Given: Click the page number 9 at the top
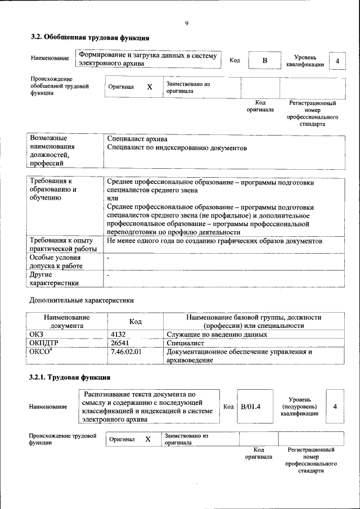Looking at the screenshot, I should click(x=186, y=23).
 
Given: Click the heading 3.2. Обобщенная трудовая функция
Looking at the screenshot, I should click(x=89, y=38).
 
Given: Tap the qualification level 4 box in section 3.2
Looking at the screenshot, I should click(x=337, y=61).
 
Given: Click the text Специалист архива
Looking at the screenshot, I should click(x=137, y=139).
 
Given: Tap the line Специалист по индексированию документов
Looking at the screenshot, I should click(x=177, y=147).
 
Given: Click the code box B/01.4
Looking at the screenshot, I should click(x=251, y=406).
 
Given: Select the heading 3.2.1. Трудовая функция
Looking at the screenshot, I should click(x=69, y=377).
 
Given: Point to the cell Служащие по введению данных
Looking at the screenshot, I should click(x=217, y=335).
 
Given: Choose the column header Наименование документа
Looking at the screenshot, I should click(x=66, y=321).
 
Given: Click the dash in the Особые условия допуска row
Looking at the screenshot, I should click(x=108, y=258).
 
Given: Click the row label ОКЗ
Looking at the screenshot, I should click(x=36, y=335).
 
